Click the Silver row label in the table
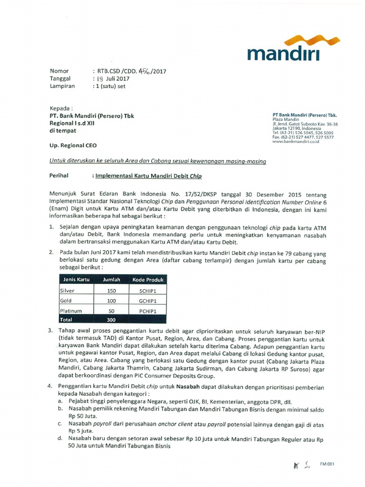click(x=68, y=290)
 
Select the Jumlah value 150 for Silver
click(x=112, y=290)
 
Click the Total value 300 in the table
click(x=112, y=320)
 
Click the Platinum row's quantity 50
click(x=112, y=311)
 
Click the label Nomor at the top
click(x=59, y=71)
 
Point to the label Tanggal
click(x=60, y=78)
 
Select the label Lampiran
click(x=62, y=86)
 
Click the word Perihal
click(x=59, y=175)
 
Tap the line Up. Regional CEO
click(x=73, y=146)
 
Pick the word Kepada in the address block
click(x=62, y=108)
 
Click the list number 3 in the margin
click(x=51, y=330)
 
